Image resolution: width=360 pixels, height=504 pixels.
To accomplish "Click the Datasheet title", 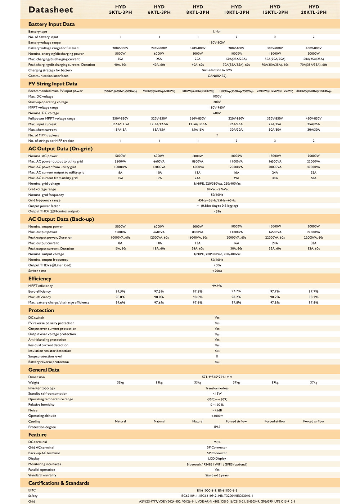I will click(x=51, y=10).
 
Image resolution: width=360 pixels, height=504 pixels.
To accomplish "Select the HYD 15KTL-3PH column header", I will click(x=275, y=10).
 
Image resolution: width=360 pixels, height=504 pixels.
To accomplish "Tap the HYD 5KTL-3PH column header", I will click(x=121, y=10).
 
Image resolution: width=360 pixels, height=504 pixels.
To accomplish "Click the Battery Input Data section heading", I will click(x=51, y=24).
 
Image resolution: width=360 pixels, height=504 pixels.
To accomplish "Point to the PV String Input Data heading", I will click(x=53, y=84).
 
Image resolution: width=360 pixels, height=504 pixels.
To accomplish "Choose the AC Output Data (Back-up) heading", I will click(x=61, y=219).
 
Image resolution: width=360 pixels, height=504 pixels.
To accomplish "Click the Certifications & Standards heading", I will click(x=59, y=483).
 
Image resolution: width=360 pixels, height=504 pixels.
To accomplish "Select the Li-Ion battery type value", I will click(x=217, y=32).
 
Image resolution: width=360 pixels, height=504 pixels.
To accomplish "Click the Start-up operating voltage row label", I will click(x=48, y=102).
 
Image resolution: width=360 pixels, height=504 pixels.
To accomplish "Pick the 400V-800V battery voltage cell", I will click(x=314, y=48).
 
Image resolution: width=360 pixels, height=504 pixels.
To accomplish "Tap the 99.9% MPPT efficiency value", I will click(x=217, y=286).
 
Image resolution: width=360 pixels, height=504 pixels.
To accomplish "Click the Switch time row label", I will click(x=37, y=271).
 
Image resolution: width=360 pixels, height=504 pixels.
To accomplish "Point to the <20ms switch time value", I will click(x=217, y=271).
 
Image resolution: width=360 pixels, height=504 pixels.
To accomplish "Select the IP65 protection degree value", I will click(x=217, y=427).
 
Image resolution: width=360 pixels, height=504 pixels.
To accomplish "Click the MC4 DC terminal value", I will click(x=217, y=442).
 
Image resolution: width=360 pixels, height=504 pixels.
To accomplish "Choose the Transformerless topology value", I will click(x=217, y=388).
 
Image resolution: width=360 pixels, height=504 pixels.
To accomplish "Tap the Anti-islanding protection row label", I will click(x=47, y=340).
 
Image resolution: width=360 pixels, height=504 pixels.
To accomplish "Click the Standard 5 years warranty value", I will click(x=217, y=475).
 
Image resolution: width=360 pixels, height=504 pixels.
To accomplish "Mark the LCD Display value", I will click(x=217, y=459).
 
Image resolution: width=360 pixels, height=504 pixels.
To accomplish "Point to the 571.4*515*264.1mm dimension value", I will click(x=217, y=377).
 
